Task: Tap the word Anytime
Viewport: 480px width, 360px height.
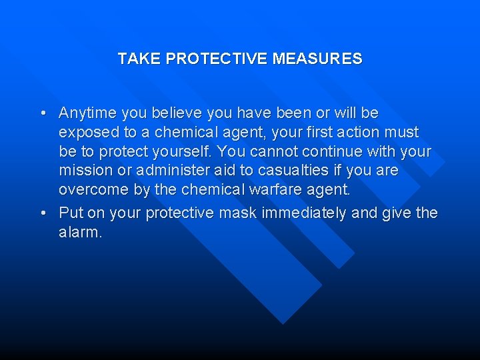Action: point(85,113)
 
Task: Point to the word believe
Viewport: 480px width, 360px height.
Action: point(173,113)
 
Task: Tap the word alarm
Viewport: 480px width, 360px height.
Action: point(80,233)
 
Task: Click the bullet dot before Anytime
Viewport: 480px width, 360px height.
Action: point(43,114)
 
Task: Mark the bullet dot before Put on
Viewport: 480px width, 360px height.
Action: point(43,214)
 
